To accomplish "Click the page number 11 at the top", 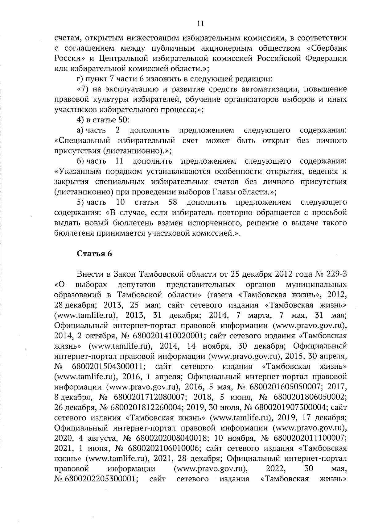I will (200, 24).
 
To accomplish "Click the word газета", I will (222, 294).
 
